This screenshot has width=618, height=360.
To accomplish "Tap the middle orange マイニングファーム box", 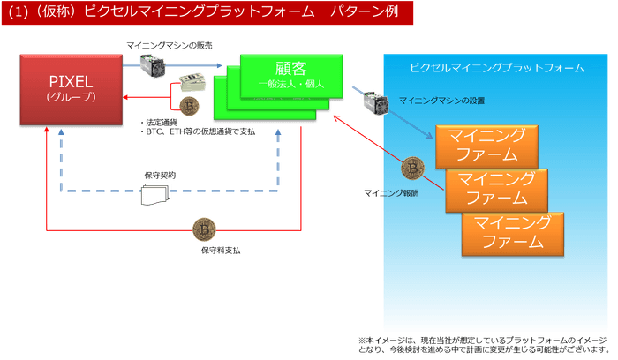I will click(x=496, y=188).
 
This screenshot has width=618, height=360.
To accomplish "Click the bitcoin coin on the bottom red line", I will click(x=205, y=231).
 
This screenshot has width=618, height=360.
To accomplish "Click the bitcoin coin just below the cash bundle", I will click(x=189, y=107).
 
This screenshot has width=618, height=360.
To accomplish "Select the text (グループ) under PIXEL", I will click(x=70, y=96).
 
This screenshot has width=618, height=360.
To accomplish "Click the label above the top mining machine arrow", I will click(x=169, y=44).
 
